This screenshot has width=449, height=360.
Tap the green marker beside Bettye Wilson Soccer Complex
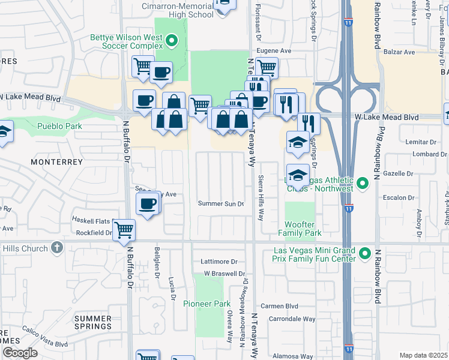click(172, 41)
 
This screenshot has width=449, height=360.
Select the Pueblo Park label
click(59, 126)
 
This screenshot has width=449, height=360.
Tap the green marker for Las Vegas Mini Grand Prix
click(364, 254)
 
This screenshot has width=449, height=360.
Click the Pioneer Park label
click(207, 304)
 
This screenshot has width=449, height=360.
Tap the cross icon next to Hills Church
click(56, 248)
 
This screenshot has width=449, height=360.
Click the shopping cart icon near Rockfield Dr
click(124, 229)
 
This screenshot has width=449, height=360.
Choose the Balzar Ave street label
click(400, 52)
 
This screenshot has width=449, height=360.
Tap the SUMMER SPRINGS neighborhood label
click(93, 322)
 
